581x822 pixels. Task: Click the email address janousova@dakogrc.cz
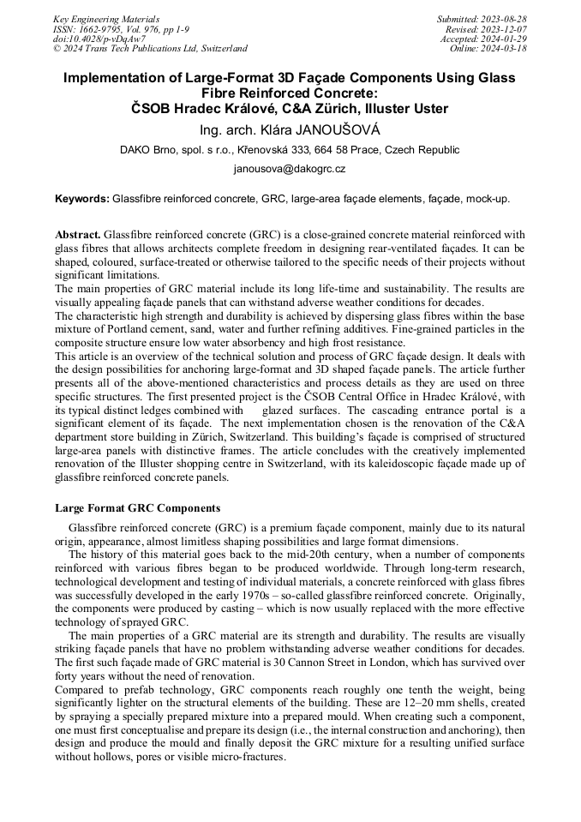point(290,169)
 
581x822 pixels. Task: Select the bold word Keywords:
point(82,199)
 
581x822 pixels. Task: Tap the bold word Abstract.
point(78,234)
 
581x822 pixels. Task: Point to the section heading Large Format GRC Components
point(137,508)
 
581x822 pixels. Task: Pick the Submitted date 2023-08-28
point(506,19)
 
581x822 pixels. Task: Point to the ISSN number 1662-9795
point(101,28)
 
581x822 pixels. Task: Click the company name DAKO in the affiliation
point(139,149)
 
